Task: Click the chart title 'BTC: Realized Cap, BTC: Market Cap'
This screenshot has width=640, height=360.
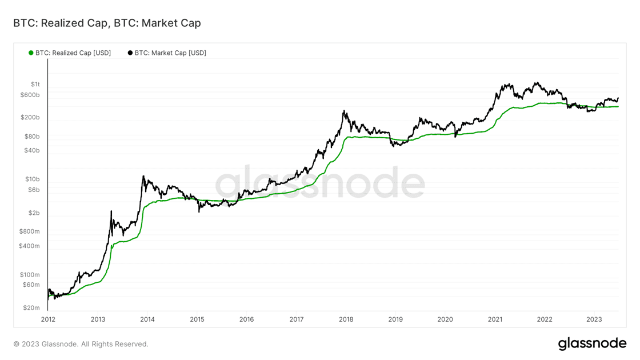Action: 107,23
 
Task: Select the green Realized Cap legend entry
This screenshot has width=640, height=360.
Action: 70,53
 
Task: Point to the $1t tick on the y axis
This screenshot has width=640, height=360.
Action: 35,84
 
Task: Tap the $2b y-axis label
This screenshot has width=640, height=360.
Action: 35,213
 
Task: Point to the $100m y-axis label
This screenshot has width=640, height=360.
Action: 31,275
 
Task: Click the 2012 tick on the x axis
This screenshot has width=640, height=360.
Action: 48,319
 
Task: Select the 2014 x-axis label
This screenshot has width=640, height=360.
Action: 147,319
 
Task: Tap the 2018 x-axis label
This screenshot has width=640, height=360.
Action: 346,319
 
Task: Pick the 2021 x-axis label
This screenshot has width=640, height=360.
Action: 495,319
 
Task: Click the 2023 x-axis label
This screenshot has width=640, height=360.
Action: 594,319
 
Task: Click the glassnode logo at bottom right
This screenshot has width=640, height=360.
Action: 592,343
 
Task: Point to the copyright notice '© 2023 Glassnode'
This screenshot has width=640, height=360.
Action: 81,344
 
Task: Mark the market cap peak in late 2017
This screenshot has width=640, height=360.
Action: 345,111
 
